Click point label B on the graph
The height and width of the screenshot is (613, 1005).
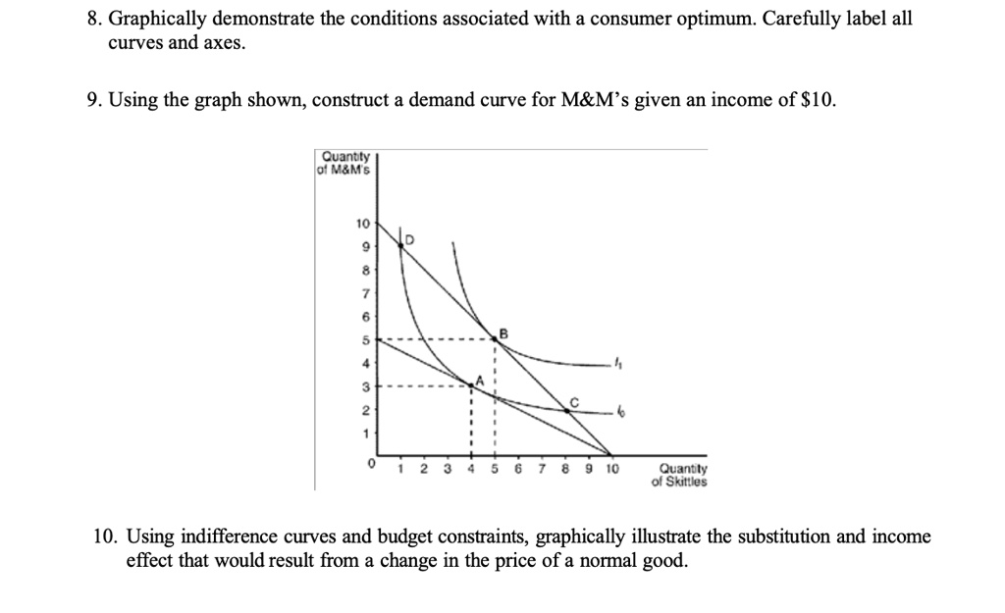pos(504,333)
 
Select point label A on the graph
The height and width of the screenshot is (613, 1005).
pos(480,380)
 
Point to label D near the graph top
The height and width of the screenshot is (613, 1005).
pos(410,239)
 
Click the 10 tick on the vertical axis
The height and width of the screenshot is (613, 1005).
pos(361,223)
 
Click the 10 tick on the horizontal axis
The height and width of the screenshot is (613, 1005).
pos(612,469)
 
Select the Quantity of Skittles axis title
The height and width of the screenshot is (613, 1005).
pos(679,475)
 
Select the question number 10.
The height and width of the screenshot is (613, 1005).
pos(105,536)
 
